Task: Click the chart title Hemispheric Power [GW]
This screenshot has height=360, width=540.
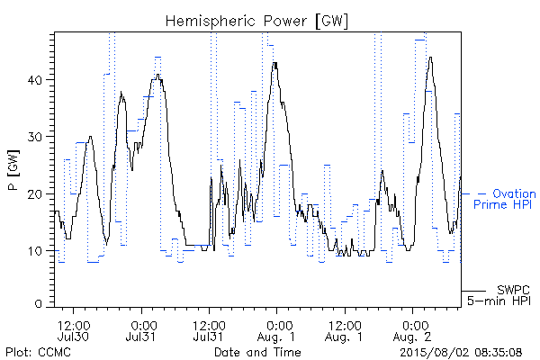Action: click(x=256, y=22)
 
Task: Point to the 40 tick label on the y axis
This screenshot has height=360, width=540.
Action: click(x=34, y=80)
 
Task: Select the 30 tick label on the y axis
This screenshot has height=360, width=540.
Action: click(x=34, y=137)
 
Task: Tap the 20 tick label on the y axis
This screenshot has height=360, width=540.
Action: click(x=34, y=194)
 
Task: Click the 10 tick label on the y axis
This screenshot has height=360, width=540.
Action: click(x=35, y=251)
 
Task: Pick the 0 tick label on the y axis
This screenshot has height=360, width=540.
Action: click(x=38, y=304)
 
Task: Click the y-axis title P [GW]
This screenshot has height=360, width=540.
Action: click(x=13, y=170)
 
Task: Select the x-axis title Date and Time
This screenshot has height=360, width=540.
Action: click(x=257, y=352)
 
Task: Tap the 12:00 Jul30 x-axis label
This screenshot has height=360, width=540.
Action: click(x=74, y=331)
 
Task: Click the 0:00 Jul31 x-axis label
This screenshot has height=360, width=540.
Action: click(x=141, y=331)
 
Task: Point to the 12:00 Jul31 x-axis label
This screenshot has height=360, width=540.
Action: click(x=209, y=331)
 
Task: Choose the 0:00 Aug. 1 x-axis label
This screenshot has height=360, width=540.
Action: click(x=276, y=331)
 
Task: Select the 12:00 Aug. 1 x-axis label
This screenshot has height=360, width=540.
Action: click(x=345, y=331)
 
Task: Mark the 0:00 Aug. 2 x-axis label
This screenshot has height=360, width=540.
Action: click(x=412, y=331)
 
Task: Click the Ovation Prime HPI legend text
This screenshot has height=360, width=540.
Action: click(x=505, y=199)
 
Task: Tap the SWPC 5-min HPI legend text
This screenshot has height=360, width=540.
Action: click(x=499, y=295)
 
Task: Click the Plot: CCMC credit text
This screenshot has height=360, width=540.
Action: click(x=38, y=352)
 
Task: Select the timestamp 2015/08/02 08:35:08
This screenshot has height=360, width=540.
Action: click(x=461, y=352)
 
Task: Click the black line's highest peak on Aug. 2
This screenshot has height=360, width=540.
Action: click(x=430, y=58)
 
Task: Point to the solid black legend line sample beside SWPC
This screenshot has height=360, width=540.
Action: click(x=473, y=291)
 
